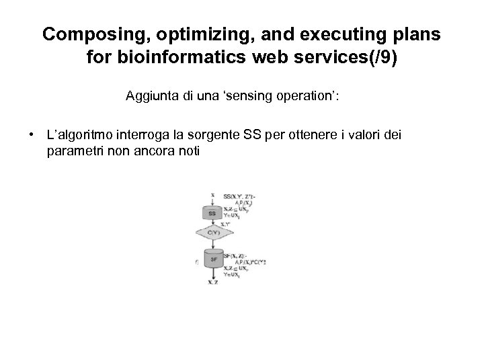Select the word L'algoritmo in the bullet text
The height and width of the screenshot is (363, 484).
[x=77, y=136]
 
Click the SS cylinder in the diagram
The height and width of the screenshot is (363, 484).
[x=212, y=213]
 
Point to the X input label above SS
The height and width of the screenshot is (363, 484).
[x=212, y=196]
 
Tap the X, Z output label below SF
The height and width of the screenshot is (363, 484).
[x=212, y=282]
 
